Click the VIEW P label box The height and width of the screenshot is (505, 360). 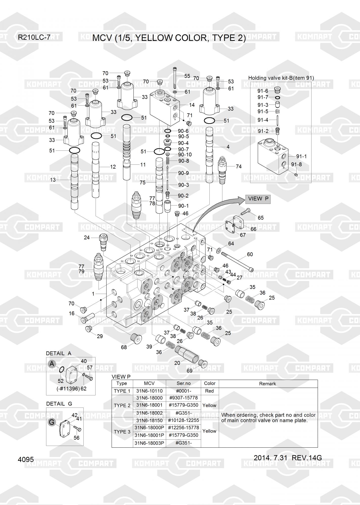pyautogui.click(x=258, y=199)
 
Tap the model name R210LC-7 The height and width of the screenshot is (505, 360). pyautogui.click(x=34, y=38)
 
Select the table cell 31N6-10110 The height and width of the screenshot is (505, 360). pyautogui.click(x=149, y=391)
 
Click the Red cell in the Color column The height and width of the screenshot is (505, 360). pyautogui.click(x=209, y=391)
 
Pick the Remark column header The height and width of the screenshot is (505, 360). pyautogui.click(x=268, y=384)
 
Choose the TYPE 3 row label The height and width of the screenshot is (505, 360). pyautogui.click(x=122, y=432)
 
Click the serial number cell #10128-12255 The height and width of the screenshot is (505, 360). pyautogui.click(x=183, y=420)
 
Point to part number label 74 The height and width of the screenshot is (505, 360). pyautogui.click(x=238, y=167)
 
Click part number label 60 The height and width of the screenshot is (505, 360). pyautogui.click(x=250, y=255)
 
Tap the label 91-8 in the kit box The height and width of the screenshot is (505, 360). pyautogui.click(x=296, y=165)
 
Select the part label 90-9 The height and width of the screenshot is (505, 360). pyautogui.click(x=183, y=173)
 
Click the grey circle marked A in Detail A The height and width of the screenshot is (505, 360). pyautogui.click(x=52, y=364)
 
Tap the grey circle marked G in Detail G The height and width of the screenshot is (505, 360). pyautogui.click(x=52, y=422)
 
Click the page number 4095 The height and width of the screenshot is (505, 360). pyautogui.click(x=26, y=460)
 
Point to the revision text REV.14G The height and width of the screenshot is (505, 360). pyautogui.click(x=307, y=458)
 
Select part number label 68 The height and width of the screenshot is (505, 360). pyautogui.click(x=124, y=347)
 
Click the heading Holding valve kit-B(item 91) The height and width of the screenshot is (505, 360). pyautogui.click(x=281, y=78)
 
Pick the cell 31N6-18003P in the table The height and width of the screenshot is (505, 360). pyautogui.click(x=149, y=443)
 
